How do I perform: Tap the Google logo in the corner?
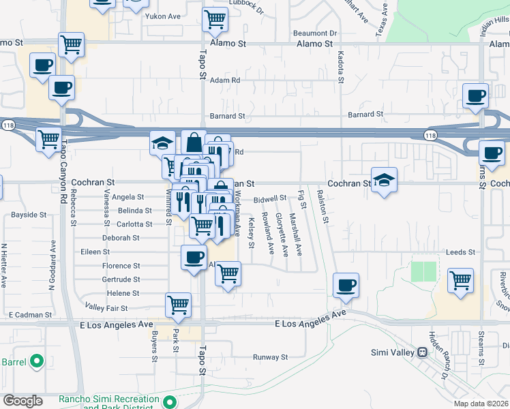[x=22, y=401]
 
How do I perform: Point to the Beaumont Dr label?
[x=315, y=33]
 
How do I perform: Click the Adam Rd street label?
[x=225, y=80]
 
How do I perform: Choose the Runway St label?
[x=271, y=357]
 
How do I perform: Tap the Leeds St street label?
[x=460, y=252]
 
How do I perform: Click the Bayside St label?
[x=29, y=215]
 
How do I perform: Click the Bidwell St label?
[x=270, y=198]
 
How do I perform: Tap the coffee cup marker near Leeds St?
[x=346, y=284]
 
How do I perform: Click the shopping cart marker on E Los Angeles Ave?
[x=178, y=305]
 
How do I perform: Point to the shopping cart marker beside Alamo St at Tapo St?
[x=215, y=19]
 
